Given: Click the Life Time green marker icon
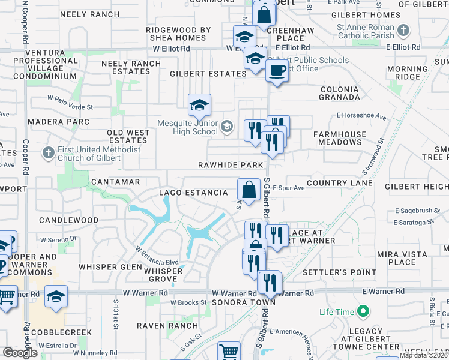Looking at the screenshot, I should (x=362, y=312).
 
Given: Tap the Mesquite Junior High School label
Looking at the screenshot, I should (x=187, y=127).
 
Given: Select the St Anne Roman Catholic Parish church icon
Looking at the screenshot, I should (x=404, y=30).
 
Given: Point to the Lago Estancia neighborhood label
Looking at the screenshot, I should (x=193, y=193).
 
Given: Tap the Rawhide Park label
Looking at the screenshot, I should (x=231, y=165).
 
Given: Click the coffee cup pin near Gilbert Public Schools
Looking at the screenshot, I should (x=276, y=71).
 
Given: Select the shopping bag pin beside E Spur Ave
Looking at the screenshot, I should (x=249, y=190).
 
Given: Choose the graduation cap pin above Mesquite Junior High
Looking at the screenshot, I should (x=199, y=106).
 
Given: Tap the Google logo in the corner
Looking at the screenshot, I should (x=20, y=353).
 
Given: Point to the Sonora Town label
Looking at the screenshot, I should (x=244, y=302).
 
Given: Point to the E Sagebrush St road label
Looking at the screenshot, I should (x=414, y=211).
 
